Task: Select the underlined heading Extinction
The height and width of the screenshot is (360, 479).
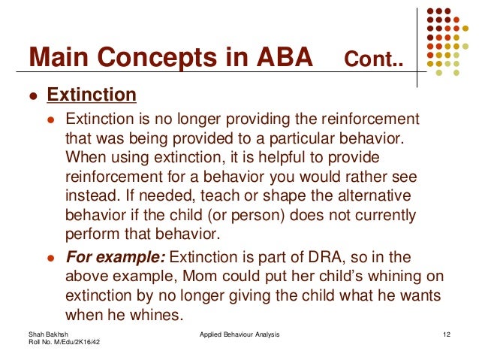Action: point(92,95)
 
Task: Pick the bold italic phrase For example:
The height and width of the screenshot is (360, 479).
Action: point(112,256)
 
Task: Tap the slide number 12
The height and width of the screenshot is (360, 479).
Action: point(447,333)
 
